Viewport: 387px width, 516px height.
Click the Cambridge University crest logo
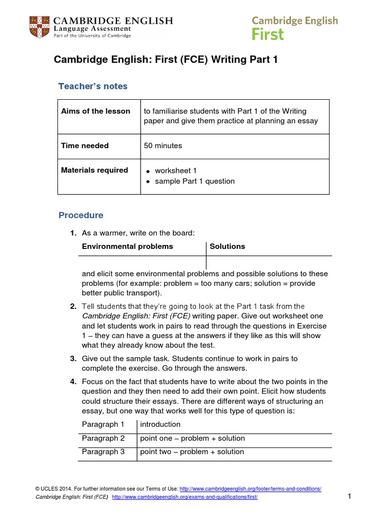click(x=40, y=27)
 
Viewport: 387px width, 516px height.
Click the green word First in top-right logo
click(x=268, y=34)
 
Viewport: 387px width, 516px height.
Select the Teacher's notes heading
click(x=93, y=86)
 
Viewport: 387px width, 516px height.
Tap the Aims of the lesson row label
click(x=96, y=111)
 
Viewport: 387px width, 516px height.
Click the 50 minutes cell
click(x=163, y=146)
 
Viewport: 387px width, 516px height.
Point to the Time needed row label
click(x=85, y=146)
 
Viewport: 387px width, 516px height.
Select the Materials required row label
click(x=94, y=170)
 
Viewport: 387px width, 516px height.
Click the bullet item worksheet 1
click(x=176, y=171)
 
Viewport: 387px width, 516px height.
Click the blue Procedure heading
click(x=81, y=215)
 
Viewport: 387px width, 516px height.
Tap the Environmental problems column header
click(x=127, y=246)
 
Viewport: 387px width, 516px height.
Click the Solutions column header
click(x=227, y=246)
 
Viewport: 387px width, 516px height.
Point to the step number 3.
click(x=73, y=359)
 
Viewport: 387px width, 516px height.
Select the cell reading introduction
click(x=160, y=425)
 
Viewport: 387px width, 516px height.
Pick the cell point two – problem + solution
click(x=192, y=452)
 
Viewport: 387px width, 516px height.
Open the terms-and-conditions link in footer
click(x=250, y=489)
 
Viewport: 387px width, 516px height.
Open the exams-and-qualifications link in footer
click(x=184, y=497)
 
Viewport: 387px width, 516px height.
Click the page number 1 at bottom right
click(x=349, y=497)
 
